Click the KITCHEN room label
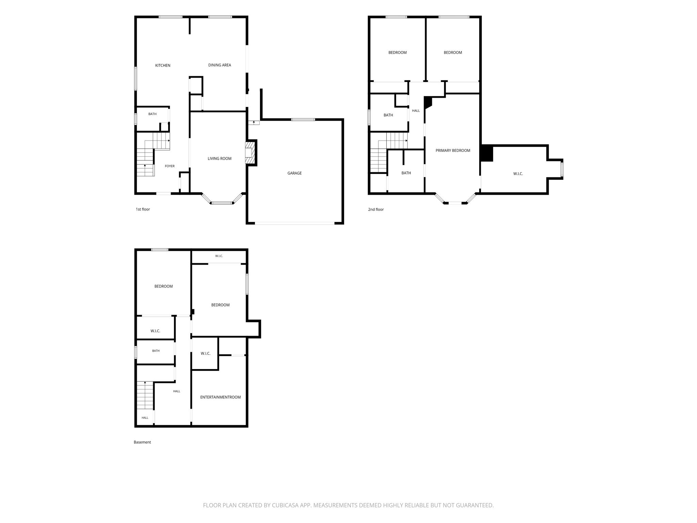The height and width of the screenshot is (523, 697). click(163, 65)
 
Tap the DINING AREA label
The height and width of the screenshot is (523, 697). click(220, 65)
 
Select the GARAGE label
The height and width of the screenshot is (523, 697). click(294, 173)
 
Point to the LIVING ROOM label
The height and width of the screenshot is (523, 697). click(220, 158)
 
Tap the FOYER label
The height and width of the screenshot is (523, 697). click(169, 166)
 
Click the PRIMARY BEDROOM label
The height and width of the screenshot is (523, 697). click(453, 150)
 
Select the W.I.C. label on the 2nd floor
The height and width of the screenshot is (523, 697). click(518, 174)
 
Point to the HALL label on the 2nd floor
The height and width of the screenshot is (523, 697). click(416, 111)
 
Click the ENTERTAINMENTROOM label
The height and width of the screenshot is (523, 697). click(220, 397)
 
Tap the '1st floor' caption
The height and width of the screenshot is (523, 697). click(143, 209)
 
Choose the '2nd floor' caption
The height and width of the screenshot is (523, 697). click(376, 209)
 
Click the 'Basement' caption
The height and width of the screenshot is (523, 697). click(142, 442)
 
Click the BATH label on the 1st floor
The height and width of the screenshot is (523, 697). click(152, 114)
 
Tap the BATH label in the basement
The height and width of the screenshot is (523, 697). click(156, 351)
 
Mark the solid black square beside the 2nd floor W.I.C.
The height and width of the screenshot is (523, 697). click(487, 154)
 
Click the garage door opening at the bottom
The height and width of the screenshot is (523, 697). click(295, 223)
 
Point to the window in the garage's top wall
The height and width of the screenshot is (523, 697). click(303, 119)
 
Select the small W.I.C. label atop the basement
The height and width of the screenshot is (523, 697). click(219, 256)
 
